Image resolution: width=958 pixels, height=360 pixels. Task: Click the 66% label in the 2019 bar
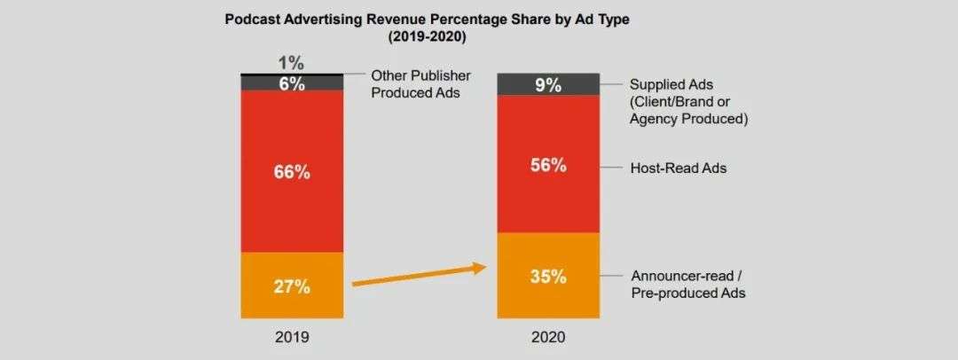pyautogui.click(x=291, y=173)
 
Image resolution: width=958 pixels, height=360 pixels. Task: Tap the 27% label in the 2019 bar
pyautogui.click(x=291, y=286)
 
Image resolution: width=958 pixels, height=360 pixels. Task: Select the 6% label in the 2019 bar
pyautogui.click(x=291, y=83)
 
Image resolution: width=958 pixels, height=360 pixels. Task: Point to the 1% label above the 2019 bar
pyautogui.click(x=291, y=63)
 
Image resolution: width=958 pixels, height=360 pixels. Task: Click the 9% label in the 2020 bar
pyautogui.click(x=548, y=85)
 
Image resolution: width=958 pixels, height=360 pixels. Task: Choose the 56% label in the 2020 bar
pyautogui.click(x=548, y=166)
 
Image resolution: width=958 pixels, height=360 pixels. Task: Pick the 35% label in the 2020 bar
pyautogui.click(x=548, y=276)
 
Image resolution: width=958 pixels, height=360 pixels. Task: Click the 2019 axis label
pyautogui.click(x=291, y=337)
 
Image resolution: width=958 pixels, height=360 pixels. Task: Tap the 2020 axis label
pyautogui.click(x=548, y=337)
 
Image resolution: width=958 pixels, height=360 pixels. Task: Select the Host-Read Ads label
pyautogui.click(x=678, y=167)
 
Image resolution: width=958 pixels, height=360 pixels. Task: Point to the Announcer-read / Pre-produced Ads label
pyautogui.click(x=687, y=284)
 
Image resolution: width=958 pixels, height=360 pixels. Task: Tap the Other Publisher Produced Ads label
pyautogui.click(x=420, y=83)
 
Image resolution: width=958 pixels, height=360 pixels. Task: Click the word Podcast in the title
pyautogui.click(x=255, y=18)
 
